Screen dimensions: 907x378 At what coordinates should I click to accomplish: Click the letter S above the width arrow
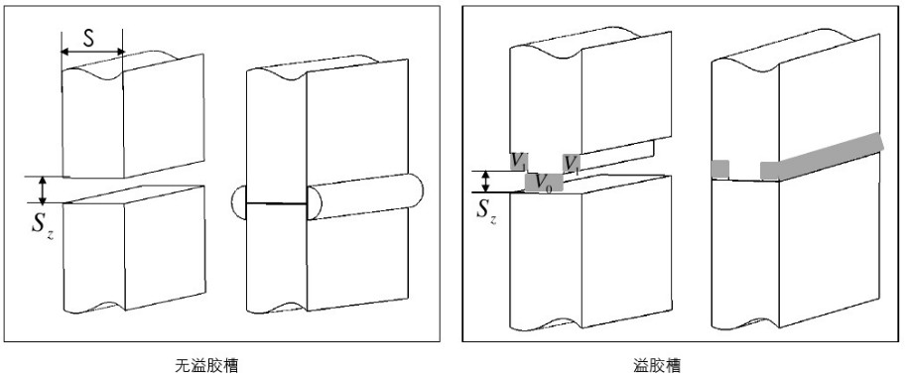pos(88,38)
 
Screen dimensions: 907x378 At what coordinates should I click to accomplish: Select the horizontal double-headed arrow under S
pos(92,52)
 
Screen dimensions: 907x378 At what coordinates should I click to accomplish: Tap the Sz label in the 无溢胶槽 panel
pos(43,226)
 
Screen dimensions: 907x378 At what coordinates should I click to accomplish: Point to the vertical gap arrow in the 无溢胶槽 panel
pos(43,190)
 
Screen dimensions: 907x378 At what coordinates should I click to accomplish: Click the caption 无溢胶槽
pos(206,365)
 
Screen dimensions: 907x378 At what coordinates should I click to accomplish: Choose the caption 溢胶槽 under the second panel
pos(657,365)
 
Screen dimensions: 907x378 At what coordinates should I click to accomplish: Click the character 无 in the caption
pos(183,365)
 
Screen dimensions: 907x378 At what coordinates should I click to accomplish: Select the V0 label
pos(544,183)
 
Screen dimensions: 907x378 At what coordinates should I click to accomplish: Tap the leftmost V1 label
pos(518,162)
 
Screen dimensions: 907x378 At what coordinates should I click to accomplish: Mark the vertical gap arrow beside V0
pos(486,182)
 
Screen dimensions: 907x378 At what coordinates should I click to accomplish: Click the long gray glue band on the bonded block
pos(822,157)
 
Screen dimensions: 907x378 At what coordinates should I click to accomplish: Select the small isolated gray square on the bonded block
pos(720,169)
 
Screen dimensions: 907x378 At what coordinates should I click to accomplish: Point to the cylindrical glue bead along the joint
pos(365,195)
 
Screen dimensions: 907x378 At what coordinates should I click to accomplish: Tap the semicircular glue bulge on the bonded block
pos(239,202)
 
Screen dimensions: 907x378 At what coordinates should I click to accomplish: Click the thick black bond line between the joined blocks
pos(276,202)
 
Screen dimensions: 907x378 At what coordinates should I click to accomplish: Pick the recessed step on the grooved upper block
pos(617,156)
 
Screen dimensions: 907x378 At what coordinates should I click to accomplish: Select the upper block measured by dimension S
pos(132,116)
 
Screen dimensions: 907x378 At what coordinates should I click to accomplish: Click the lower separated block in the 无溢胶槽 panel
pos(134,250)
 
